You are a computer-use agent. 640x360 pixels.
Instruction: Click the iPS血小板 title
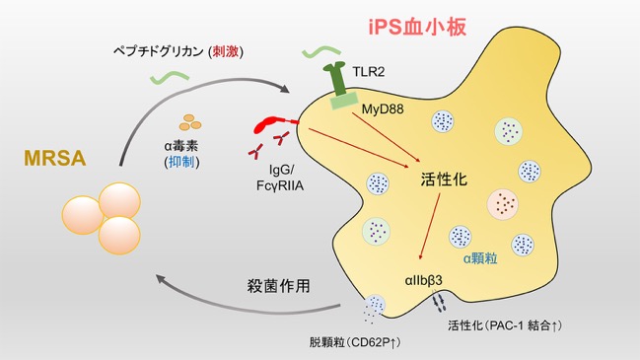pos(417,28)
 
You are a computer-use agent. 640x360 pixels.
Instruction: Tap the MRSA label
pos(55,159)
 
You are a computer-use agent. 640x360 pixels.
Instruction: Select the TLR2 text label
pos(369,72)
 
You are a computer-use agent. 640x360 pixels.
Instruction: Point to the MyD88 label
pos(383,108)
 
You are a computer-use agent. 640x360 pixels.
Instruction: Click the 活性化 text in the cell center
pos(444,180)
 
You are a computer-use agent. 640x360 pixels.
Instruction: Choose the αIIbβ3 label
pos(424,280)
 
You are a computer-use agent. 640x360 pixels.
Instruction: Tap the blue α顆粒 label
pos(480,258)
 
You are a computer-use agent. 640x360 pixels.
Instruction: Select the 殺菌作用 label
pos(278,286)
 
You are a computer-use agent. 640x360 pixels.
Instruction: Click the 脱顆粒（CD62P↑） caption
pos(354,342)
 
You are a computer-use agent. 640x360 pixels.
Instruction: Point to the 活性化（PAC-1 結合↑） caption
pos(505,325)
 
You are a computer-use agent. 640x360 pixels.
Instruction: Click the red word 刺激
pos(225,52)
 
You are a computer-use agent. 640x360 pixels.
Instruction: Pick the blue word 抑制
pos(181,162)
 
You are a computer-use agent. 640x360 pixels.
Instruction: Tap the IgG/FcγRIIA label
pos(280,178)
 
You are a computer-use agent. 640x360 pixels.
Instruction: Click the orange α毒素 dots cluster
pos(190,122)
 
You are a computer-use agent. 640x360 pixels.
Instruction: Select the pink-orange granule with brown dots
pos(503,203)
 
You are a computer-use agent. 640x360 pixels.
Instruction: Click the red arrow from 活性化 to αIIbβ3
pos(429,227)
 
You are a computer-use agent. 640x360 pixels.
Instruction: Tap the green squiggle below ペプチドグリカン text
pos(170,77)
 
